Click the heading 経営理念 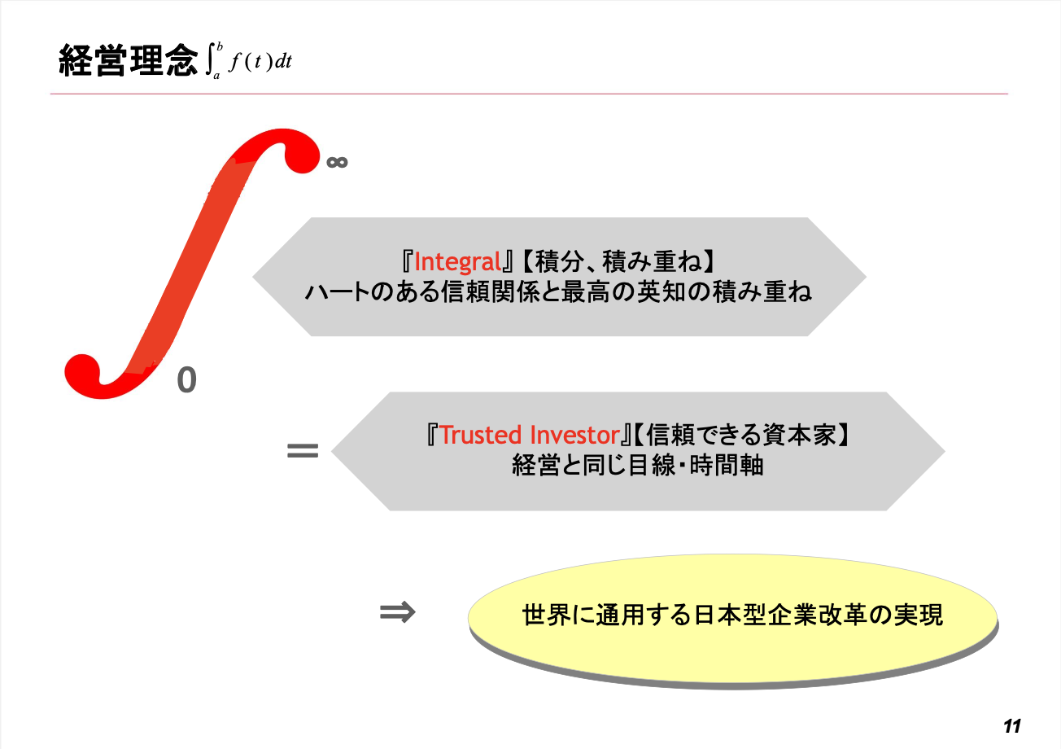128,60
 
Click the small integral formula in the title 249,61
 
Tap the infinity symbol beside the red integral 337,163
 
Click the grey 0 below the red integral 186,380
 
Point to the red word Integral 457,261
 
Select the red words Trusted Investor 530,435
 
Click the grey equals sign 303,450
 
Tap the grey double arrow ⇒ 397,612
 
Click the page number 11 1011,726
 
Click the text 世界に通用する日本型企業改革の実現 732,615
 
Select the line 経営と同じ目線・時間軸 638,465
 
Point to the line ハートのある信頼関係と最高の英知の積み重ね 558,291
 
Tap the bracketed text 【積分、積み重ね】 618,261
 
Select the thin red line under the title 529,94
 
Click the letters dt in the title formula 283,61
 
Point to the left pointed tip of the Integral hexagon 253,277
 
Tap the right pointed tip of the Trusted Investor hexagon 945,451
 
